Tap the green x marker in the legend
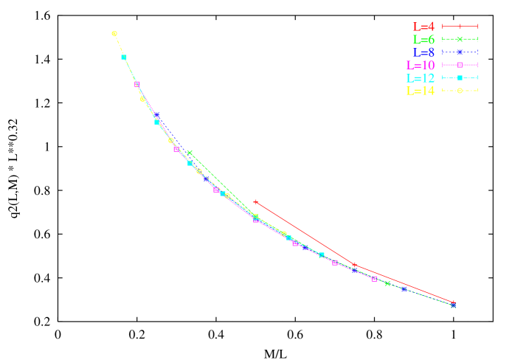(460, 39)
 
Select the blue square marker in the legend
(460, 52)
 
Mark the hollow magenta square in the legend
(460, 65)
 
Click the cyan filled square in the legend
(460, 77)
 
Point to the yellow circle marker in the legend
(460, 90)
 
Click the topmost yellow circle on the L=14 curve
(114, 33)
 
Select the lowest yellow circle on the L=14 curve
(284, 234)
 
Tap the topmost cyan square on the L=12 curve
(124, 57)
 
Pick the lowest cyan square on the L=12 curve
(322, 255)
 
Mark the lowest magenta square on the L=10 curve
(374, 279)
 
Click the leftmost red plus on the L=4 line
(256, 201)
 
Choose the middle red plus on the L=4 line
(355, 265)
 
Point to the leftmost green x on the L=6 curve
(190, 153)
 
